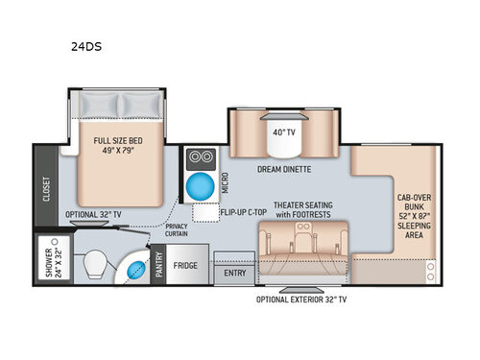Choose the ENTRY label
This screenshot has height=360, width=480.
[235, 273]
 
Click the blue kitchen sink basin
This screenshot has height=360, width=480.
[198, 184]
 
